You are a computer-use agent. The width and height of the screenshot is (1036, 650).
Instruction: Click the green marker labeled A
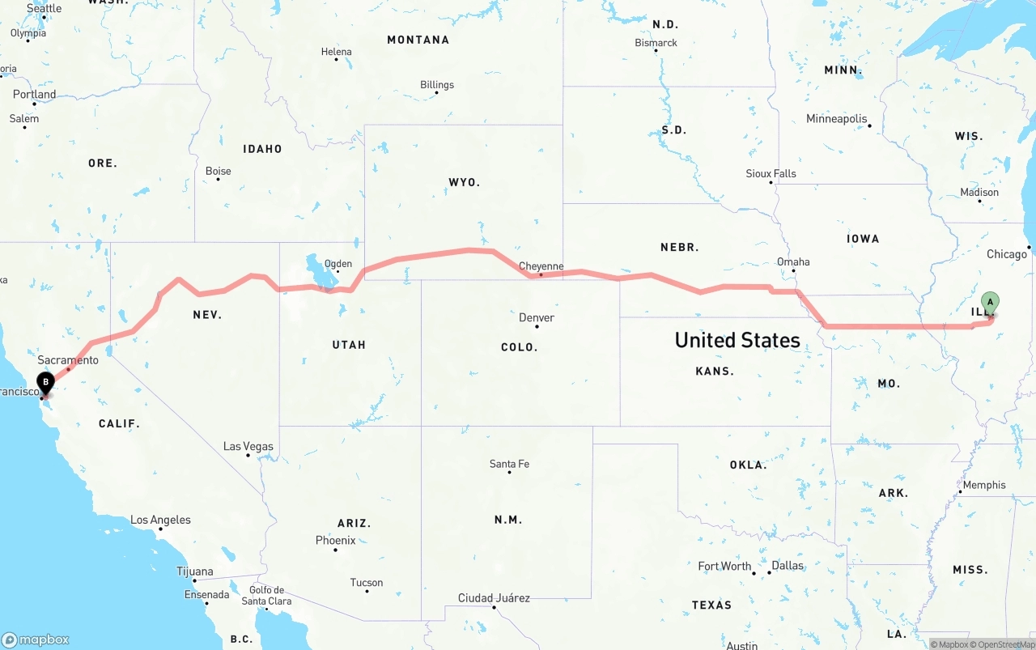pyautogui.click(x=990, y=304)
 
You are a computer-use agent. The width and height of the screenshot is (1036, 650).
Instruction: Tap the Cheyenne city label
pyautogui.click(x=541, y=266)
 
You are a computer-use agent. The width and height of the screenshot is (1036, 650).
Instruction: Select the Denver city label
pyautogui.click(x=537, y=317)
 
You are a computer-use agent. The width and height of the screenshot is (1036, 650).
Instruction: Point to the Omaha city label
pyautogui.click(x=792, y=261)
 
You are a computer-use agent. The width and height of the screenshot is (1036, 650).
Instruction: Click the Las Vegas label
pyautogui.click(x=248, y=446)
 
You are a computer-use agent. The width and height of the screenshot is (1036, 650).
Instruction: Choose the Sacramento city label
pyautogui.click(x=68, y=359)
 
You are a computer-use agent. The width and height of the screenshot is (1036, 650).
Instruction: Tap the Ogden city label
pyautogui.click(x=338, y=263)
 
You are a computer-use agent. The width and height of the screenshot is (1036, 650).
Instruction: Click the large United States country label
pyautogui.click(x=737, y=340)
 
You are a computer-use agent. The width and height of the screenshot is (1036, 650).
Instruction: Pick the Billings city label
pyautogui.click(x=437, y=84)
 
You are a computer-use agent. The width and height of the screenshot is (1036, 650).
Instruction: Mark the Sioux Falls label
pyautogui.click(x=771, y=173)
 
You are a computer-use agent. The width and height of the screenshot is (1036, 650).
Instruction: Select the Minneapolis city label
pyautogui.click(x=837, y=118)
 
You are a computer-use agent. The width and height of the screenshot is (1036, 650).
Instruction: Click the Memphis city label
pyautogui.click(x=983, y=485)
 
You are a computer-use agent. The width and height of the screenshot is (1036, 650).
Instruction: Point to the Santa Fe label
pyautogui.click(x=509, y=464)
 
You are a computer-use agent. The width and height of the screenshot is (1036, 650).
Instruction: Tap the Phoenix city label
pyautogui.click(x=335, y=540)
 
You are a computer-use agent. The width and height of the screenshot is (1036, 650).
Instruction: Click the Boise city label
pyautogui.click(x=218, y=171)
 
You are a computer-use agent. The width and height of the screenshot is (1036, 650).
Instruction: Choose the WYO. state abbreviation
pyautogui.click(x=464, y=182)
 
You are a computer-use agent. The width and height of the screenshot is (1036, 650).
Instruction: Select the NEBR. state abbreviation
pyautogui.click(x=679, y=247)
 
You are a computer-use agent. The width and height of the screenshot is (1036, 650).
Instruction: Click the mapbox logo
pyautogui.click(x=36, y=639)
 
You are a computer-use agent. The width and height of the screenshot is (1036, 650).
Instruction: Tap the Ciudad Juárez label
pyautogui.click(x=494, y=597)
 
